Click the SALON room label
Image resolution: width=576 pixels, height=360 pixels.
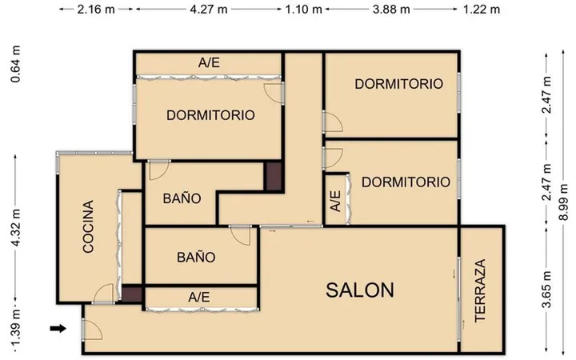(x=360, y=290)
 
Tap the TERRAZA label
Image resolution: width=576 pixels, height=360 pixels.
(x=480, y=290)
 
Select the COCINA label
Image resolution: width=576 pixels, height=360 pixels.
(x=88, y=226)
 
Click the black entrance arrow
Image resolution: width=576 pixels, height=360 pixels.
(x=58, y=328)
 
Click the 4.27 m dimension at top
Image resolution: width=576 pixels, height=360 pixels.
(x=209, y=9)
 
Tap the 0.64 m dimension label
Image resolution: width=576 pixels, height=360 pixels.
(x=15, y=64)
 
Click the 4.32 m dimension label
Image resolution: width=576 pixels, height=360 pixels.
(x=15, y=228)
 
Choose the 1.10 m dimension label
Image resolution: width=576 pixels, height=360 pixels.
(x=304, y=9)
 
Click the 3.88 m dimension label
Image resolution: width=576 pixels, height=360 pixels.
(x=391, y=9)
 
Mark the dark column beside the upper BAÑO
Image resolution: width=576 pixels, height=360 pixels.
(x=274, y=176)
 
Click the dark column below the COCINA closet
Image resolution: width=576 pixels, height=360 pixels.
(x=132, y=294)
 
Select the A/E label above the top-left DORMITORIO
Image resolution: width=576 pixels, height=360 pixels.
(x=209, y=63)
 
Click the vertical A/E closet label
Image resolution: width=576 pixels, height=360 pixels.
(x=335, y=201)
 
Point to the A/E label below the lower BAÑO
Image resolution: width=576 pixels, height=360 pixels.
(x=198, y=297)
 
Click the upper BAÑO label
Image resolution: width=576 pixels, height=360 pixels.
(x=182, y=198)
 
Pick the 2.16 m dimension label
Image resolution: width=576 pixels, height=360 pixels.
(x=96, y=9)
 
